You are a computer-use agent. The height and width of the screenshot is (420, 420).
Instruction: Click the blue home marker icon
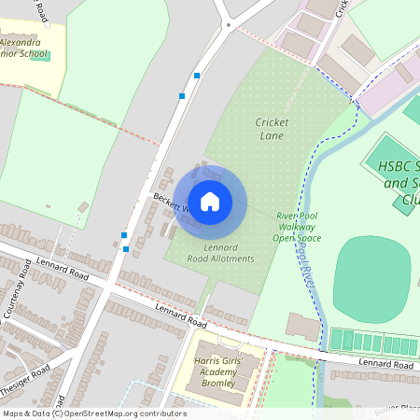pos(210,201)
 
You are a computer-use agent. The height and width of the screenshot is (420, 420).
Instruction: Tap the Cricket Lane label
pos(273,129)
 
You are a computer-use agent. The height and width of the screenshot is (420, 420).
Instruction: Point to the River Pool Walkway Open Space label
pos(297,227)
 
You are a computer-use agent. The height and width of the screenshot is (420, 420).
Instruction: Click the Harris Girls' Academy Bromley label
pos(220,372)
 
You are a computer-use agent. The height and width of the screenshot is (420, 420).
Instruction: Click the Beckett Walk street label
pos(173,203)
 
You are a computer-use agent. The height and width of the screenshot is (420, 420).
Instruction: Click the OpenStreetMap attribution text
pos(93,413)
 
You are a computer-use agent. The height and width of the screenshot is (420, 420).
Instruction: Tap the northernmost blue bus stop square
pos(196,75)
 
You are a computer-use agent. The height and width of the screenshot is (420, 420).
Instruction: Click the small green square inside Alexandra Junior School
pos(47,56)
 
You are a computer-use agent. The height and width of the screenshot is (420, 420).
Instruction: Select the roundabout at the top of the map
pos(228,26)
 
